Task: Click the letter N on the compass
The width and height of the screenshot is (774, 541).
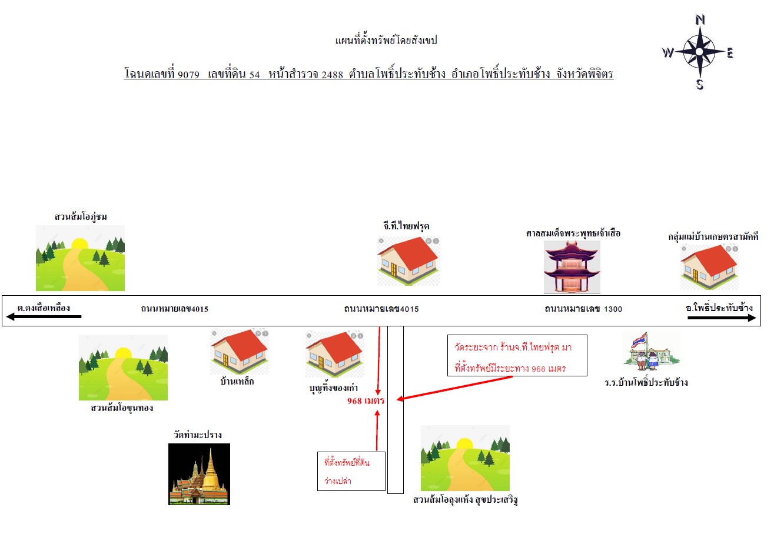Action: [x=700, y=19]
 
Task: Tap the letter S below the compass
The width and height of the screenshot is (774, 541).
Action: [x=700, y=84]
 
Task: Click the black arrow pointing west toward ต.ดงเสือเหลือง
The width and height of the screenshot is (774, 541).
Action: [x=44, y=316]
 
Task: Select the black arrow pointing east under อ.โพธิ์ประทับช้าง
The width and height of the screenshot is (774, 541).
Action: [x=722, y=318]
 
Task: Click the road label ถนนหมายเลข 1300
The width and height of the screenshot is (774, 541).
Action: [x=583, y=309]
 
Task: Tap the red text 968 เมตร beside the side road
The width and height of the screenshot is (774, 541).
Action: [x=366, y=401]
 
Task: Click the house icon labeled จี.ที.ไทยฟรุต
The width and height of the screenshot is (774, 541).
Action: [x=408, y=261]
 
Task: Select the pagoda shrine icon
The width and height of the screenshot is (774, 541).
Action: [x=572, y=267]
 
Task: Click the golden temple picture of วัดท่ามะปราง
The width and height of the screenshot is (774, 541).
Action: [x=199, y=474]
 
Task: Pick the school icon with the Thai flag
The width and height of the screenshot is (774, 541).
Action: [x=652, y=351]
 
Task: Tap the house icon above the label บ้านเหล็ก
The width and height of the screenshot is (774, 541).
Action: [x=240, y=352]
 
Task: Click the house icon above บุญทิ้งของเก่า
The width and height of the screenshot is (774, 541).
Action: [x=334, y=354]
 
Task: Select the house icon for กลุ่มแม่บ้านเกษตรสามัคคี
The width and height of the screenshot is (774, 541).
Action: [x=709, y=267]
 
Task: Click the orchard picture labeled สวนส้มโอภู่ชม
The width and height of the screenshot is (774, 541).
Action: [x=80, y=258]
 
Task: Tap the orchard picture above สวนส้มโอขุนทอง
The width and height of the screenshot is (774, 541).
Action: [x=124, y=368]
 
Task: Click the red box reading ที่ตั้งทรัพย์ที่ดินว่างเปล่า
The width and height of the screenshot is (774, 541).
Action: [x=351, y=471]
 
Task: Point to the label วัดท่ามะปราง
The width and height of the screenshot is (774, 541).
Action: [x=198, y=435]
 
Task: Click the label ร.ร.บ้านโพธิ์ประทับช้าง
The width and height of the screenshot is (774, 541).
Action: [x=646, y=383]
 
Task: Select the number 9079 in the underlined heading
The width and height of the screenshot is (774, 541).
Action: [x=189, y=75]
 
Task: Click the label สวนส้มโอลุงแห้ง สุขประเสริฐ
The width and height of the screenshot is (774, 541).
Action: [x=466, y=500]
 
